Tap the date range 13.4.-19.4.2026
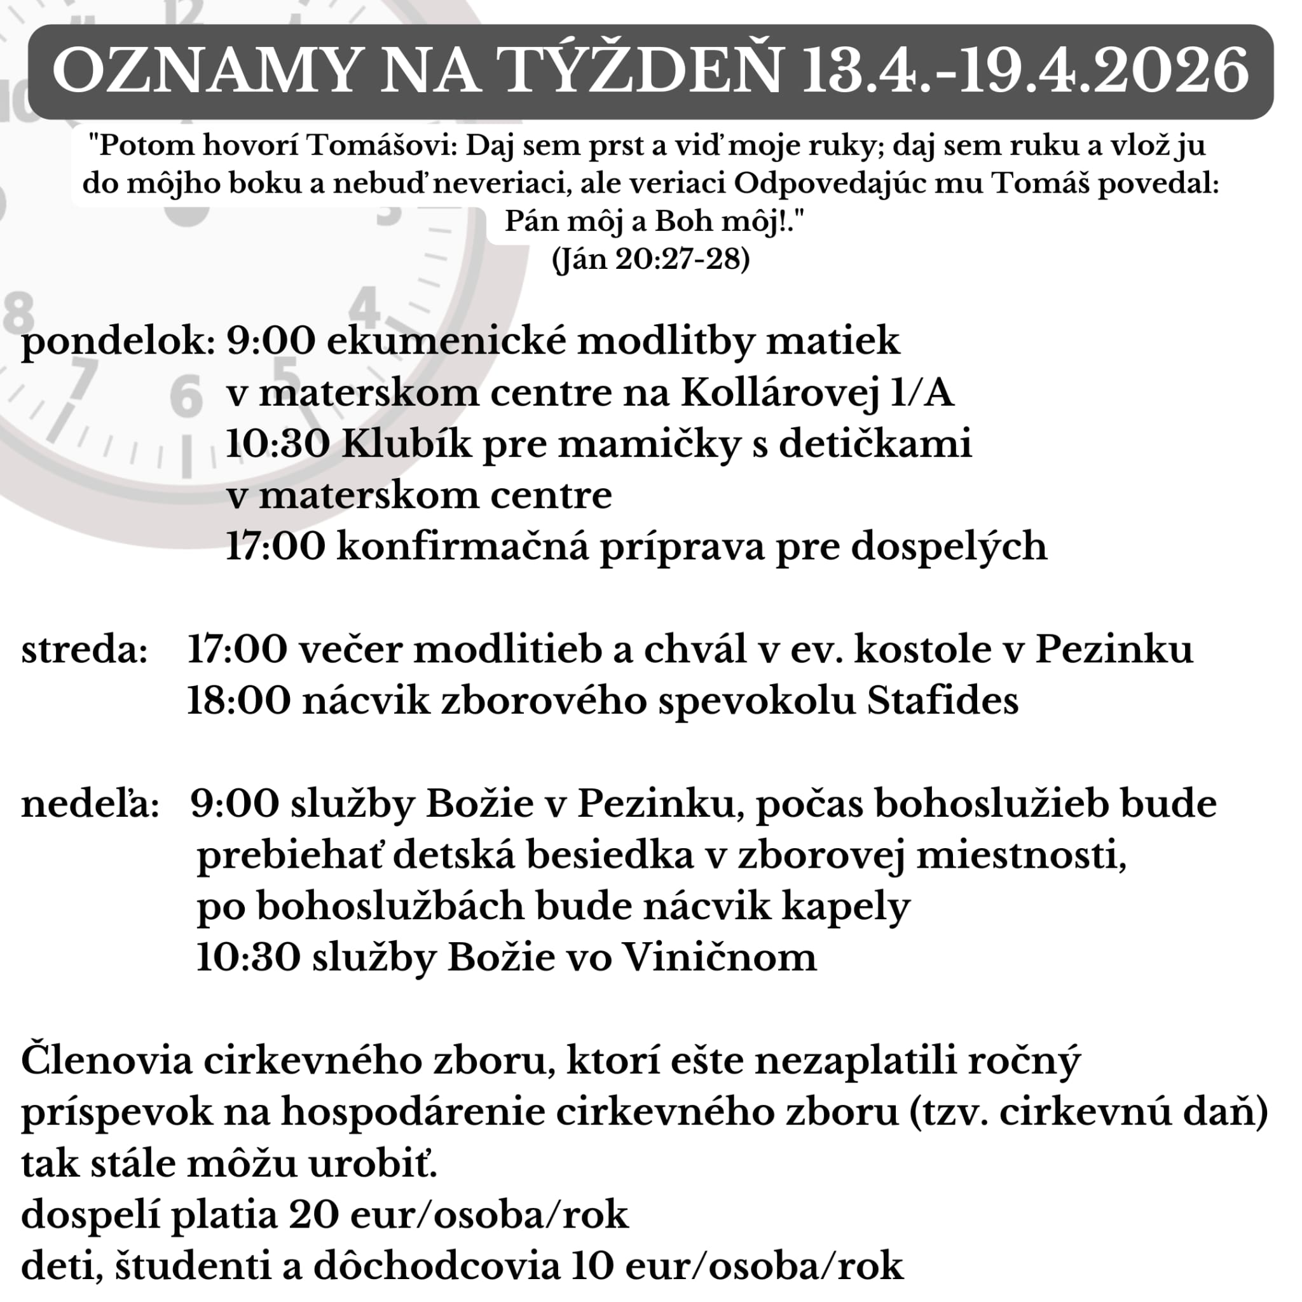click(1024, 71)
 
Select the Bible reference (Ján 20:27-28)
click(650, 259)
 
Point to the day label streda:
click(85, 651)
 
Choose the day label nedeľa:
click(90, 805)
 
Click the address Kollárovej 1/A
click(818, 394)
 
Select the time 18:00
click(238, 702)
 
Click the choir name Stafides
click(942, 702)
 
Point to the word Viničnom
click(718, 957)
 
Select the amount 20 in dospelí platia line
click(312, 1216)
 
